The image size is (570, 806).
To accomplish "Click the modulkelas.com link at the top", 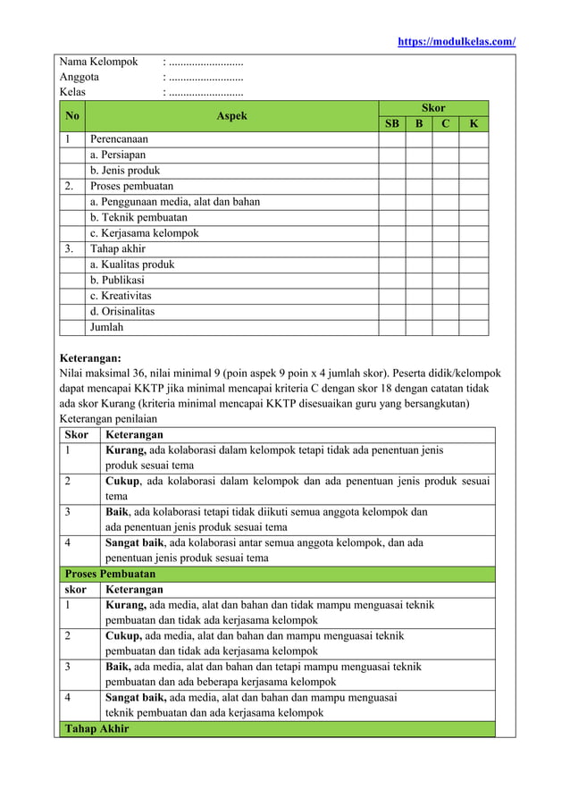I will click(x=456, y=41).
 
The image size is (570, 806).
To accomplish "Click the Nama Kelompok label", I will click(x=98, y=62).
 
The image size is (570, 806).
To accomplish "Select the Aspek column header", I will click(x=231, y=115).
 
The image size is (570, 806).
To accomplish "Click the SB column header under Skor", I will click(x=391, y=123).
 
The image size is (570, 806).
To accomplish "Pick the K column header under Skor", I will click(x=474, y=123).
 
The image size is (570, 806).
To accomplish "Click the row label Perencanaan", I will click(x=119, y=139).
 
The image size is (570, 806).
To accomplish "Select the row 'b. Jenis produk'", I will click(x=124, y=171).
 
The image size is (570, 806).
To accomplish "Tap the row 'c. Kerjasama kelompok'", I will click(x=143, y=233).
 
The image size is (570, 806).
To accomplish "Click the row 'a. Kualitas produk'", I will click(x=132, y=264).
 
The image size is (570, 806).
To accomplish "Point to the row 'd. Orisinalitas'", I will click(x=122, y=312).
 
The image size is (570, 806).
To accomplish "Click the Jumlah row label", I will click(x=106, y=328).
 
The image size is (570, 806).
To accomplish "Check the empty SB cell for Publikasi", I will click(x=391, y=281).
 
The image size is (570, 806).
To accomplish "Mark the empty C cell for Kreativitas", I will click(x=445, y=296).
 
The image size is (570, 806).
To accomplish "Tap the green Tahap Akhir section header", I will click(x=96, y=729).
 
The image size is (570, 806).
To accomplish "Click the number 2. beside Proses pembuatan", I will click(x=69, y=187).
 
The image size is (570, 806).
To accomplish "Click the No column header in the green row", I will click(x=71, y=115).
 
